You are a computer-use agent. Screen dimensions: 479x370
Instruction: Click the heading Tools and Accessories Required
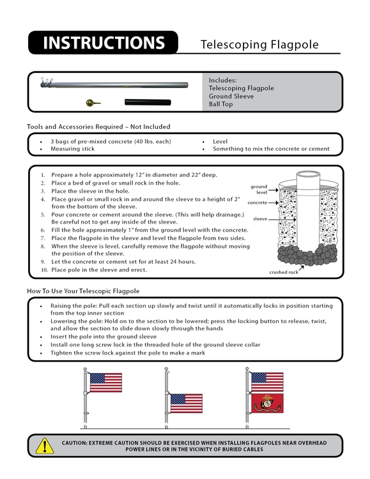[x=98, y=126]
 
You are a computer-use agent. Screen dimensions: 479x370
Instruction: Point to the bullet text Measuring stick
[x=73, y=149]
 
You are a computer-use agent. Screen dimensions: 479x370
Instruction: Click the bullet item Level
[x=220, y=141]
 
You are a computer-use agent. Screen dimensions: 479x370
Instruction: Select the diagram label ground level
[x=259, y=189]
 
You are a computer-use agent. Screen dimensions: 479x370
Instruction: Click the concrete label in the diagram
[x=257, y=202]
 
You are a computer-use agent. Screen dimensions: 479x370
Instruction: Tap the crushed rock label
[x=282, y=273]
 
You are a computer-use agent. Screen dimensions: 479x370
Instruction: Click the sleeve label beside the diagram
[x=259, y=218]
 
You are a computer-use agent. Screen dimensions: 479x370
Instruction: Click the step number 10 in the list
[x=44, y=270]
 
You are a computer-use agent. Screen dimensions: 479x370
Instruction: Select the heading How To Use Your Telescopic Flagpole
[x=83, y=291]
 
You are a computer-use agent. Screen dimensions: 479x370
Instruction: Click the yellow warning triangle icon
[x=45, y=445]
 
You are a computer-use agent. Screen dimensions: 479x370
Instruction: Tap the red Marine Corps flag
[x=267, y=403]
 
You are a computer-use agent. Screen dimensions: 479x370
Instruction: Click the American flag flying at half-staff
[x=186, y=403]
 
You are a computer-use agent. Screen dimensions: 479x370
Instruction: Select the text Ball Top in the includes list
[x=221, y=104]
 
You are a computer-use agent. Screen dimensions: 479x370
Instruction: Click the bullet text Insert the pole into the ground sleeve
[x=104, y=336]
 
